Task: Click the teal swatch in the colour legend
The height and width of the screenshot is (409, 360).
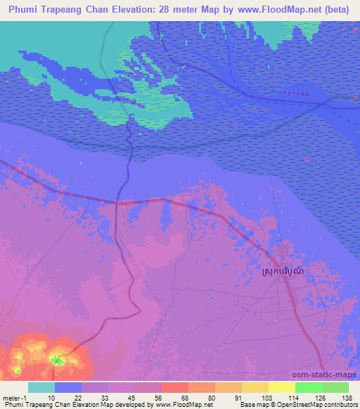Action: point(41,387)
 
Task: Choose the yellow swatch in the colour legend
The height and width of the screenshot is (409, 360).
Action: point(282,387)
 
